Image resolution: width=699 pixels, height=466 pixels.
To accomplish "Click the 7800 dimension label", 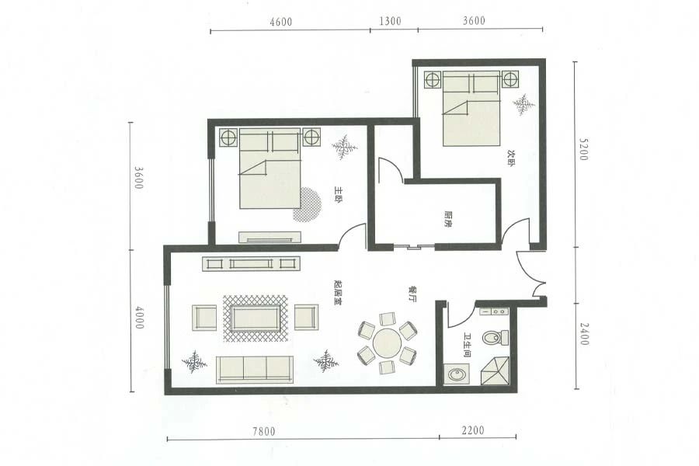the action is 264,431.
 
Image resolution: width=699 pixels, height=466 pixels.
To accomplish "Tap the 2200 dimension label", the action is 472,430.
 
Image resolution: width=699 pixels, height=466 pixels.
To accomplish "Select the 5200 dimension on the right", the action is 584,149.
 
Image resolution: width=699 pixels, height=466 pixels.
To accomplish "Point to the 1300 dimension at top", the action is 390,21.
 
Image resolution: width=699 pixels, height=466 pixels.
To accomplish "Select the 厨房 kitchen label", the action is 448,219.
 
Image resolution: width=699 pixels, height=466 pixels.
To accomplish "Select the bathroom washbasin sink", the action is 456,374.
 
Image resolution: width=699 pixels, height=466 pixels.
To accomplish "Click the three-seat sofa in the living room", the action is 255,370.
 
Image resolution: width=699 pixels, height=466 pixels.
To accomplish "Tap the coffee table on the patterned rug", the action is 256,318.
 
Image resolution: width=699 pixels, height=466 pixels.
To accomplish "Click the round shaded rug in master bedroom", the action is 308,204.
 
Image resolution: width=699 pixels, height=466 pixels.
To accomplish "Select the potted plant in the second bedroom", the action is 523,104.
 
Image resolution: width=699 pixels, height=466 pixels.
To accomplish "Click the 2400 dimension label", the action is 584,333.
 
